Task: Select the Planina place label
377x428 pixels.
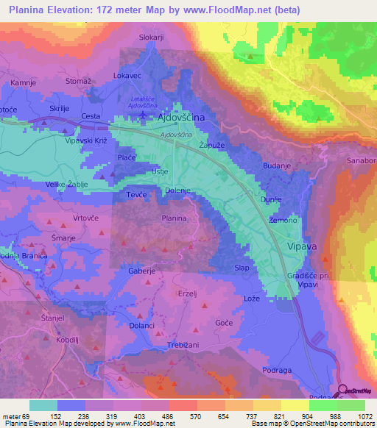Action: (x=174, y=218)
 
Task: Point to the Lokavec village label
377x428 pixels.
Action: (x=126, y=76)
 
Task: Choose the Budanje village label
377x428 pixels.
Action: (x=277, y=167)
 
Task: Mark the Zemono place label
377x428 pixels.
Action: (x=283, y=221)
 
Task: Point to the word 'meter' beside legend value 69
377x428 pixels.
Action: (x=13, y=415)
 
